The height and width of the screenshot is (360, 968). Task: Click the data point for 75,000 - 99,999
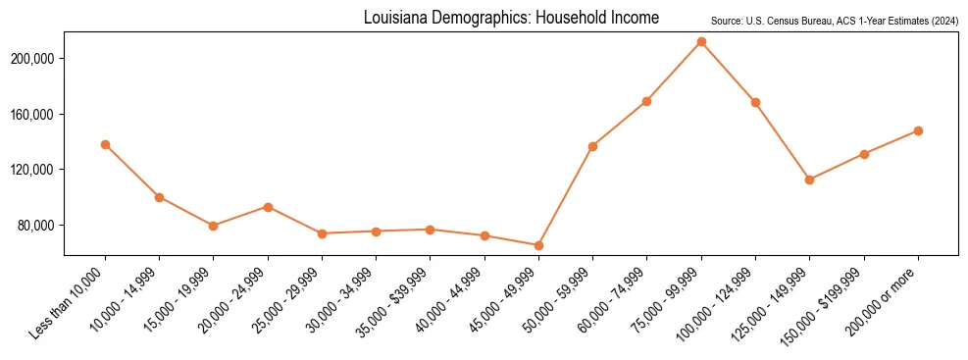(701, 42)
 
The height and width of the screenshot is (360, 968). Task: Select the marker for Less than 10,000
(105, 145)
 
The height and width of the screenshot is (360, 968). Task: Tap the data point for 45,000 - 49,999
(538, 245)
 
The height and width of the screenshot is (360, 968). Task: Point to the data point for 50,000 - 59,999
(592, 146)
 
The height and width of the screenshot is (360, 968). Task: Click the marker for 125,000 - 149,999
(809, 180)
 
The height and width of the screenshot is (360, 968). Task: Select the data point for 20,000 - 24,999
(268, 207)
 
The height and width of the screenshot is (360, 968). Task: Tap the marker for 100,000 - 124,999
(755, 102)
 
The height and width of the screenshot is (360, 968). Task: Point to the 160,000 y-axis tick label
(36, 115)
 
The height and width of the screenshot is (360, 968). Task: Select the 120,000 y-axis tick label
(36, 170)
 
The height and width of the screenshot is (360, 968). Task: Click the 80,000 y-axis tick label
(39, 226)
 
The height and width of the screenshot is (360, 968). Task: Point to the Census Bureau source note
(834, 21)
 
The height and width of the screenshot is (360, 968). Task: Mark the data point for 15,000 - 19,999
(213, 226)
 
